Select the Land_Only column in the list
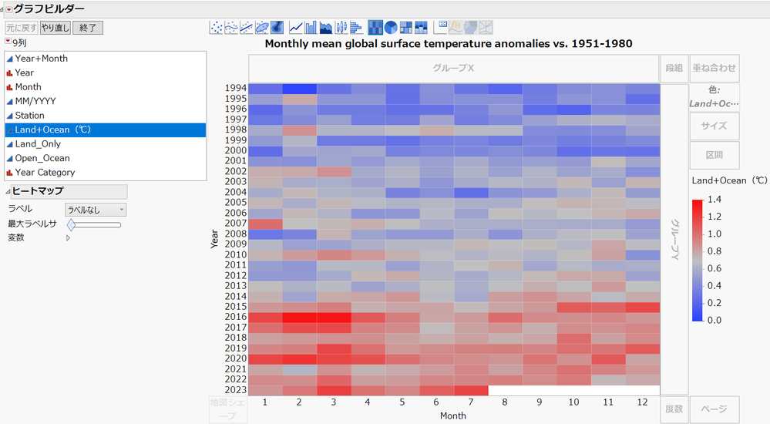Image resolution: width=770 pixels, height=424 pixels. click(x=38, y=144)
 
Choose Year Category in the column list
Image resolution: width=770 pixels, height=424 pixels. click(x=45, y=173)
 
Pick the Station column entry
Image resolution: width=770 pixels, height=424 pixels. click(x=29, y=116)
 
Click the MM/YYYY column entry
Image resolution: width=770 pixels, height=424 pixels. click(x=35, y=101)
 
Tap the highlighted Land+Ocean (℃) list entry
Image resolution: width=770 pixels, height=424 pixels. click(x=53, y=130)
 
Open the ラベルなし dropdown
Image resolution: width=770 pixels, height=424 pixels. click(x=96, y=210)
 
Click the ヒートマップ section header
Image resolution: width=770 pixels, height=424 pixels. click(x=38, y=191)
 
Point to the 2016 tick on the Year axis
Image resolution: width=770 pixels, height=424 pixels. click(x=235, y=317)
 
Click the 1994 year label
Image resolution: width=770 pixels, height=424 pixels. click(x=235, y=88)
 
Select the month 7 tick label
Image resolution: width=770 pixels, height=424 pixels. click(x=471, y=402)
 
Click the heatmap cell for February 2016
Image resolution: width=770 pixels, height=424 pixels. click(x=300, y=317)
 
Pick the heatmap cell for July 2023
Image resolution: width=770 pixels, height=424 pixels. click(x=471, y=390)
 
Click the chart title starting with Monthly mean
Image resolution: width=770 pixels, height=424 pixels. click(x=448, y=44)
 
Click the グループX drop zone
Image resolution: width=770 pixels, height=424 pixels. click(x=453, y=68)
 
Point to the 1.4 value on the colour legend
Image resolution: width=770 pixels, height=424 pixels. click(x=715, y=200)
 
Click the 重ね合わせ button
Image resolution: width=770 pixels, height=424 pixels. click(x=714, y=68)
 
